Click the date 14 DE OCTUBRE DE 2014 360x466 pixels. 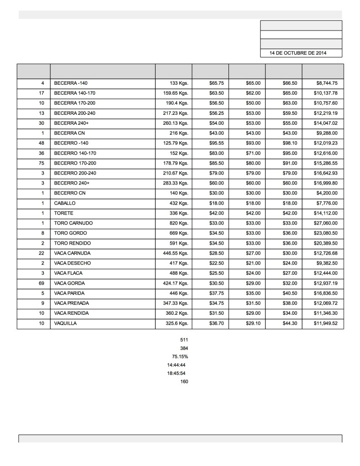click(298, 53)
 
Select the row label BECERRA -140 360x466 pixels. click(71, 83)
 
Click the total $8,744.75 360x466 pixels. click(327, 83)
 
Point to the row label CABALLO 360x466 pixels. click(65, 203)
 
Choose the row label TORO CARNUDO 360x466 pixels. click(73, 223)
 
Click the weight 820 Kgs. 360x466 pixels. click(179, 223)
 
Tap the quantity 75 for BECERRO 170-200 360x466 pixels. click(41, 163)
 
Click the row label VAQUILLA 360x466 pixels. click(66, 323)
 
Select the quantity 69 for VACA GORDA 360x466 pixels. click(41, 283)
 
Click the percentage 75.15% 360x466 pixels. click(180, 357)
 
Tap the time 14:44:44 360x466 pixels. click(176, 365)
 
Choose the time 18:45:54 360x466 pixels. click(176, 373)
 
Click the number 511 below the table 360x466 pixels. click(184, 340)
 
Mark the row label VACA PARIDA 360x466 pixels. click(69, 293)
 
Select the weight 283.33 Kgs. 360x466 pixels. click(176, 183)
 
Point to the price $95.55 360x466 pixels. click(216, 143)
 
